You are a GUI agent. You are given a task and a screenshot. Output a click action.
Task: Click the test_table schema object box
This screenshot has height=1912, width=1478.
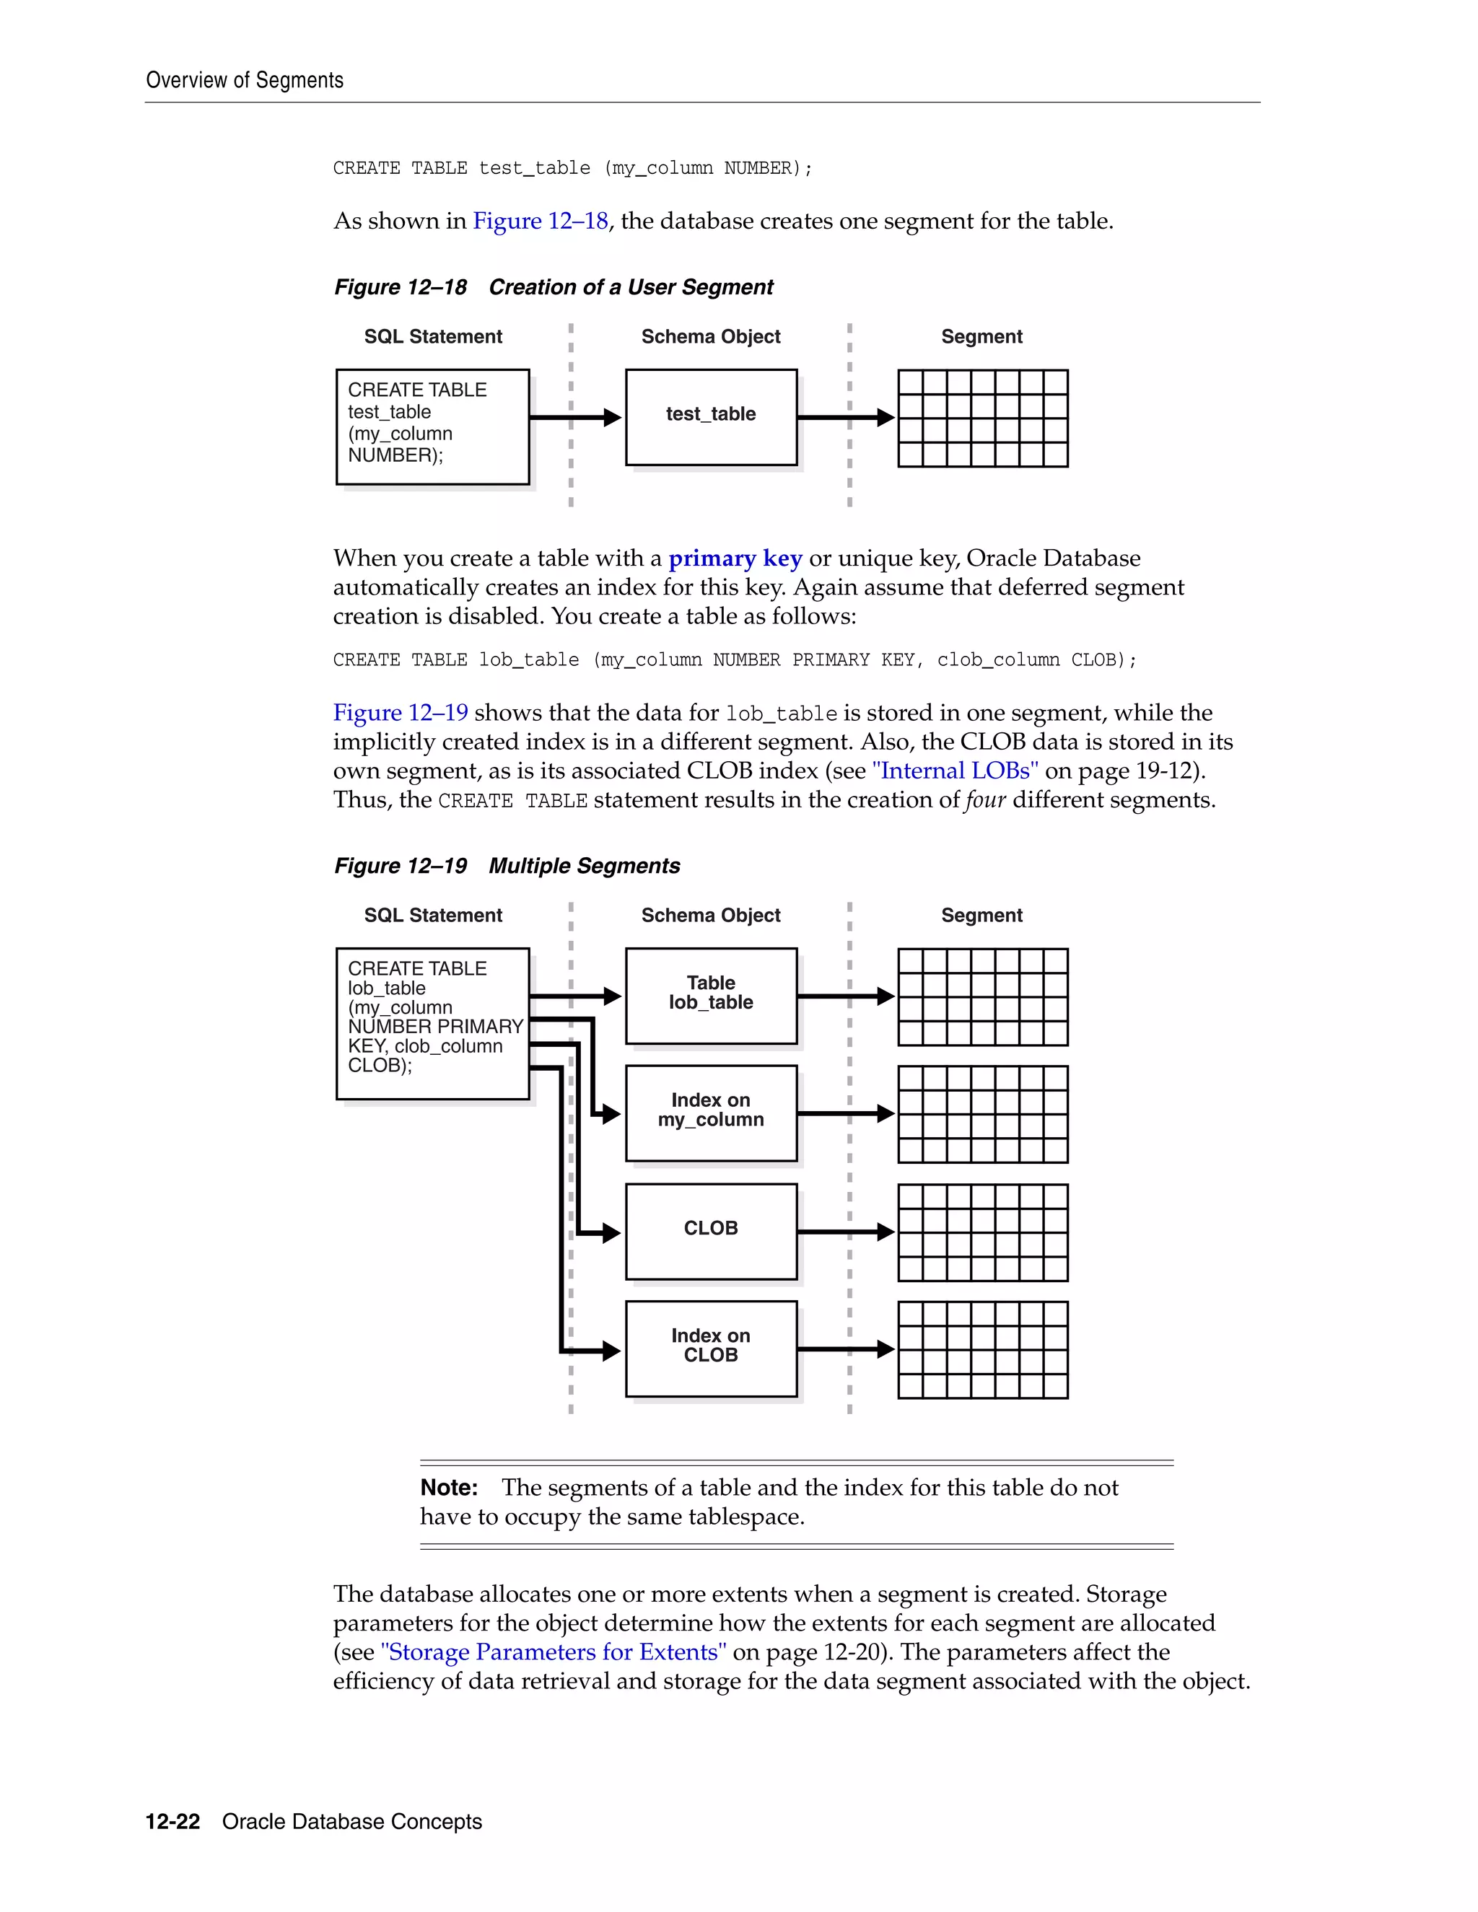(x=710, y=417)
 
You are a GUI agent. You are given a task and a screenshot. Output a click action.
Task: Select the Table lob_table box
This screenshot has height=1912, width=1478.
(x=710, y=996)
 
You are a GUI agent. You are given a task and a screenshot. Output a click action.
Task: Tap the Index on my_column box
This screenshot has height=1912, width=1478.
(x=710, y=1113)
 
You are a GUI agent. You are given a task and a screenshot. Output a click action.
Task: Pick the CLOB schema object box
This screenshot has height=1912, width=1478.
(x=710, y=1231)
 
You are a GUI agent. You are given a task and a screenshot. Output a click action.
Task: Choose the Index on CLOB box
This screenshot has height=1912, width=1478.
(x=710, y=1349)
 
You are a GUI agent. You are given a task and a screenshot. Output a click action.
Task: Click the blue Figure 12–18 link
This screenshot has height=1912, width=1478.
(x=541, y=221)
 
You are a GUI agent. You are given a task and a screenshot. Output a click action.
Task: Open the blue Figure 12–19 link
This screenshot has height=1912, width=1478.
(x=400, y=713)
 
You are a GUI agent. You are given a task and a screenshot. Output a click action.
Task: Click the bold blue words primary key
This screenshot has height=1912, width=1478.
(x=735, y=558)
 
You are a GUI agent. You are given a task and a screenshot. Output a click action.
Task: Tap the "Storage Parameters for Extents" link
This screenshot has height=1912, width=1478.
(x=554, y=1652)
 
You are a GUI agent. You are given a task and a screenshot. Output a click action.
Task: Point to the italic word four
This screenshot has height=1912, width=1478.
(x=985, y=800)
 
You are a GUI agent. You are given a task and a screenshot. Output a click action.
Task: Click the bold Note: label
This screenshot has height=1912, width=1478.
(x=448, y=1488)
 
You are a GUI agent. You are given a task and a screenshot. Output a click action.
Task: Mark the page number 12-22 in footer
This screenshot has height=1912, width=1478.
(x=172, y=1822)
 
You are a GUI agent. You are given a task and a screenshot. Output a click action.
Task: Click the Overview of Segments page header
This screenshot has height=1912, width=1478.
(x=245, y=81)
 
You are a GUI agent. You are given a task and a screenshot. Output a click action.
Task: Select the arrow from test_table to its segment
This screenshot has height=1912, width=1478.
(x=845, y=418)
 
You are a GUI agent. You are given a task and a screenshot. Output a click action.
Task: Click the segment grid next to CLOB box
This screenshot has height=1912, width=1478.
(x=982, y=1232)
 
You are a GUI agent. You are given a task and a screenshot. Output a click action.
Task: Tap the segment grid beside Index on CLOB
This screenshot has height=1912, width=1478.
(x=982, y=1349)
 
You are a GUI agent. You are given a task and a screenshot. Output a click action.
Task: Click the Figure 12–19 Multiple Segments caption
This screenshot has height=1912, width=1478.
(x=507, y=866)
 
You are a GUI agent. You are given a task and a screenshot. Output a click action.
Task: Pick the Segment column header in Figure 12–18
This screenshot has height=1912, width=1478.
(x=981, y=337)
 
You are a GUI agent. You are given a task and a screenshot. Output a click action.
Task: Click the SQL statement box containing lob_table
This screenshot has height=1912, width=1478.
(x=432, y=1022)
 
